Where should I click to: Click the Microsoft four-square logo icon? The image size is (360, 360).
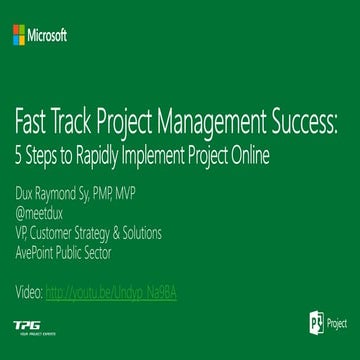(20, 36)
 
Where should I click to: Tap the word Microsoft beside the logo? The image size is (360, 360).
(49, 36)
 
